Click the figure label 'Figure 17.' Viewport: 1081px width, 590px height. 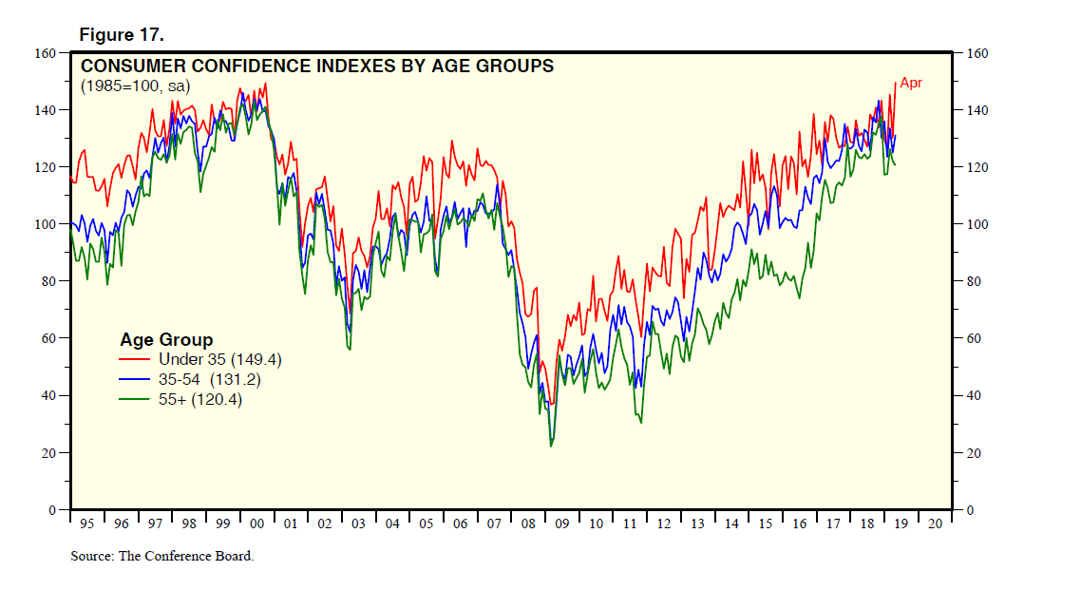(122, 35)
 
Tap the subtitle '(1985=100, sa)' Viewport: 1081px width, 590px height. (135, 86)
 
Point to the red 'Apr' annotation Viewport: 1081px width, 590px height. (911, 84)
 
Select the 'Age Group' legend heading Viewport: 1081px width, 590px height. (166, 340)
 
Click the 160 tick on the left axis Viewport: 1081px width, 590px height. (47, 53)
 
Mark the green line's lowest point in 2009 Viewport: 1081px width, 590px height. (551, 446)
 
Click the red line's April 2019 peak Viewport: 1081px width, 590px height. (895, 84)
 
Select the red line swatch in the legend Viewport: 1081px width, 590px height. (136, 360)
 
